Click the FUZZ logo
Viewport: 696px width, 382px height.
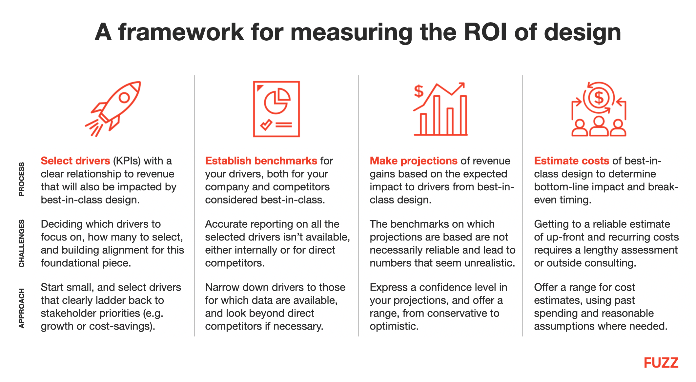coord(661,363)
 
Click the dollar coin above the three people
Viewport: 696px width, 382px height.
coord(599,97)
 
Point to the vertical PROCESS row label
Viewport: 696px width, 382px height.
coord(22,179)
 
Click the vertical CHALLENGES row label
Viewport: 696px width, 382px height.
coord(22,243)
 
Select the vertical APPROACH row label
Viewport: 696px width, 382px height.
coord(22,308)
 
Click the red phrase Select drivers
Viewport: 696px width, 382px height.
coord(75,161)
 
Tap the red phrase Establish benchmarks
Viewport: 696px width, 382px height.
coord(261,161)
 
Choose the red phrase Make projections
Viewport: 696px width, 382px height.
coord(413,161)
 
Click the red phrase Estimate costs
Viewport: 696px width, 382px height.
coord(571,161)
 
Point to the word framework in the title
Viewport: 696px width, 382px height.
coord(181,32)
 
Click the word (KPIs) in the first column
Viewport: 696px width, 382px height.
coord(127,161)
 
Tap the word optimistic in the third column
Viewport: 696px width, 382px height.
coord(394,326)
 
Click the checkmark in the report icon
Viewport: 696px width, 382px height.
coord(266,124)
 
